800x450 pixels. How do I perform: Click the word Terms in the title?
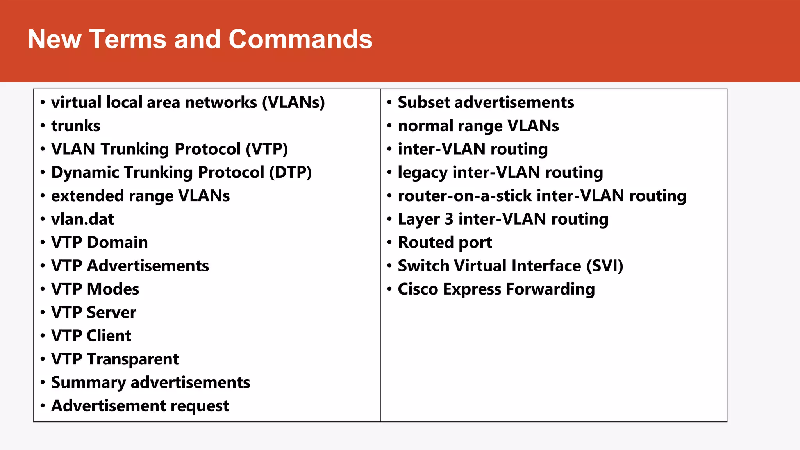click(128, 39)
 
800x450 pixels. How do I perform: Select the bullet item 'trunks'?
click(76, 126)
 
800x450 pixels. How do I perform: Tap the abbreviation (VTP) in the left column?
click(267, 149)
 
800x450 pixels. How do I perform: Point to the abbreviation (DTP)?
click(290, 173)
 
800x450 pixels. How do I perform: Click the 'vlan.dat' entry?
click(82, 219)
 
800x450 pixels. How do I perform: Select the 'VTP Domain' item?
click(100, 243)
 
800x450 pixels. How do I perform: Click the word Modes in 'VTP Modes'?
click(113, 289)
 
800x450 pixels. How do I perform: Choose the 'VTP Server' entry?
click(94, 312)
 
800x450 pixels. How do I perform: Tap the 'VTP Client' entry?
click(91, 336)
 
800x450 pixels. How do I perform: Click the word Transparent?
click(133, 359)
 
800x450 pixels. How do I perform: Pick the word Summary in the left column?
click(88, 383)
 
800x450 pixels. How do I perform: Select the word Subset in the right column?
click(424, 102)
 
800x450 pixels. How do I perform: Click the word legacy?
click(422, 173)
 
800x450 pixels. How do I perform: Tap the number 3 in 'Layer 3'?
click(449, 219)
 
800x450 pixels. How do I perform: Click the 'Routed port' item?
click(445, 243)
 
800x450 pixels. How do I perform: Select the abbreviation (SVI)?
click(605, 266)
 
